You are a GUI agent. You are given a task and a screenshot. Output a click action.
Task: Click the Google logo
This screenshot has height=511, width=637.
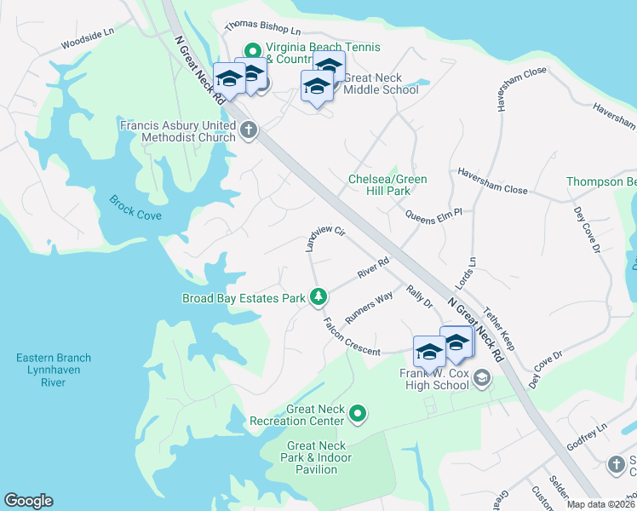28,501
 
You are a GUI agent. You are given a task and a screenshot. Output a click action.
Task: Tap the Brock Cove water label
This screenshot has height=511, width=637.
135,208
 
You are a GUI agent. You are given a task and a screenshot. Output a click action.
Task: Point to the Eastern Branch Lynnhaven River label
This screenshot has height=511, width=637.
53,370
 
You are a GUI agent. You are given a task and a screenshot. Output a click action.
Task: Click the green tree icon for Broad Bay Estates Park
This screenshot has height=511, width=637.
318,296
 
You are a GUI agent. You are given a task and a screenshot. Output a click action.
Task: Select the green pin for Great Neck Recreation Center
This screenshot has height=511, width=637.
359,415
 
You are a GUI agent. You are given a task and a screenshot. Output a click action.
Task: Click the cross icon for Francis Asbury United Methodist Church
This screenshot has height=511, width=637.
249,130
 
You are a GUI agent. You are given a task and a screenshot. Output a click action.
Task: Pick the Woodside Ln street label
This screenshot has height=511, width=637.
87,39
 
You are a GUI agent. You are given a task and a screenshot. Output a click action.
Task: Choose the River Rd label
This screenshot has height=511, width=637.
373,267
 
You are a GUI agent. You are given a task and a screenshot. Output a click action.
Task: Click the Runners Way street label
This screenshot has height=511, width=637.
369,307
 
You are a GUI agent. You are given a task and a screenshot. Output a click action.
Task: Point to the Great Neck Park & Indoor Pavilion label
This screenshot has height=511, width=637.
318,457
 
